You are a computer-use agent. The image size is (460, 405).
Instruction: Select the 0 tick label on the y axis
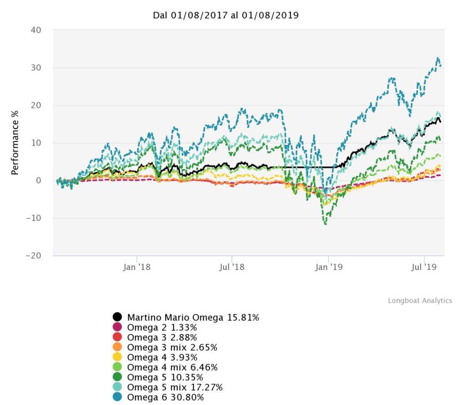click(x=38, y=180)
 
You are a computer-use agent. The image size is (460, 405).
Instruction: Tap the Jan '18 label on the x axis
click(x=137, y=267)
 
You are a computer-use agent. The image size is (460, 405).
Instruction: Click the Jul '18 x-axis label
click(x=232, y=267)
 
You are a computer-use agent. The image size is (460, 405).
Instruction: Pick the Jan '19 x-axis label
click(x=328, y=267)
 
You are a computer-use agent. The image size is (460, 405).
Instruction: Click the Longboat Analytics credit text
click(x=419, y=300)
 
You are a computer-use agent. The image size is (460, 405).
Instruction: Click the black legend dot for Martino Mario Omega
click(x=118, y=318)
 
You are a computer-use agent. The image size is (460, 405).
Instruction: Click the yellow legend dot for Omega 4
click(x=118, y=358)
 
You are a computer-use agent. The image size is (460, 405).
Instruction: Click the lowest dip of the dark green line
click(x=325, y=224)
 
